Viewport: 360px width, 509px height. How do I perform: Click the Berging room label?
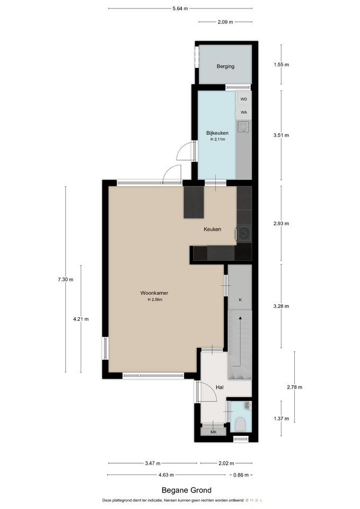coord(225,66)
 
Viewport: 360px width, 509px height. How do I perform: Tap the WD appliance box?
coord(243,99)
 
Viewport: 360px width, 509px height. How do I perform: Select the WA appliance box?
coord(243,112)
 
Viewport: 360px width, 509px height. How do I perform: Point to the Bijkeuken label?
coord(217,133)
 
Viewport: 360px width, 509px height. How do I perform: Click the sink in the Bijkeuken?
coord(243,127)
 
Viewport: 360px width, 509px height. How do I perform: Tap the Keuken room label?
coord(212,229)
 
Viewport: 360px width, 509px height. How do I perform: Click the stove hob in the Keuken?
coord(244,233)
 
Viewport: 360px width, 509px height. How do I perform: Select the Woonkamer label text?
coord(154,293)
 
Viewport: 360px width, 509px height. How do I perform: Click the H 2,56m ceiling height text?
coord(155,300)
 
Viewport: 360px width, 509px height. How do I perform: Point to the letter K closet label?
coord(240,300)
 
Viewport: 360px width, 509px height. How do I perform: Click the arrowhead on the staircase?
coord(240,318)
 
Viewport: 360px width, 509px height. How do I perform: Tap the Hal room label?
coord(219,387)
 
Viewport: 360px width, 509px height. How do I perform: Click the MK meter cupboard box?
coord(213,432)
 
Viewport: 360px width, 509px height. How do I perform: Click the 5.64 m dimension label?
coord(180,9)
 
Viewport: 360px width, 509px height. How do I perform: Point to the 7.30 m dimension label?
coord(66,279)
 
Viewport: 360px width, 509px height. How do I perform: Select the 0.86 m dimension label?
coord(241,475)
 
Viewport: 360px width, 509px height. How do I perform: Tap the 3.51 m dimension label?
coord(281,135)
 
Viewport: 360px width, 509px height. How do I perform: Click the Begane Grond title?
coord(186,490)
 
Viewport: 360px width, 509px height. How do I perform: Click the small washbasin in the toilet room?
coord(248,406)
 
